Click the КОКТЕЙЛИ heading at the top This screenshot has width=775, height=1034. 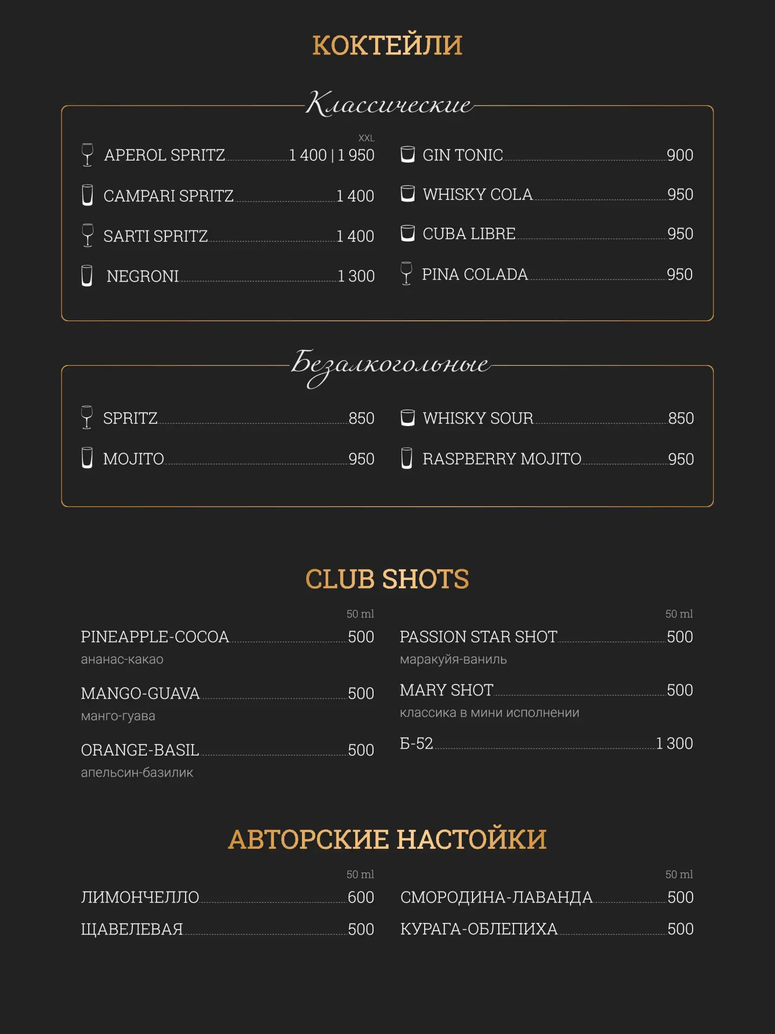(387, 45)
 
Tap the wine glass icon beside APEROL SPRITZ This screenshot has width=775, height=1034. (87, 155)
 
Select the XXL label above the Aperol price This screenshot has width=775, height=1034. (366, 138)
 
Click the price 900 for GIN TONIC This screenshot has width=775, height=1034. (680, 155)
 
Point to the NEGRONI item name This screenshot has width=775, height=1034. (143, 276)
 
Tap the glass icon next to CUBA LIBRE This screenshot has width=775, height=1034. (408, 233)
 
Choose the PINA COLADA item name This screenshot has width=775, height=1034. (475, 274)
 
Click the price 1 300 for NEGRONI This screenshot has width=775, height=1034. (356, 276)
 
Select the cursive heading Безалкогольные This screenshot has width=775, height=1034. (390, 365)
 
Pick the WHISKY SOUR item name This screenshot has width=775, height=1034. (478, 418)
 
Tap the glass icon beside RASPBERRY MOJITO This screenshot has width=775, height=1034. (407, 458)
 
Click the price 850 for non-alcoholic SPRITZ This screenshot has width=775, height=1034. (361, 418)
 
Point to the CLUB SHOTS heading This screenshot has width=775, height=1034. (387, 579)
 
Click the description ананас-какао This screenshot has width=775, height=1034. (122, 659)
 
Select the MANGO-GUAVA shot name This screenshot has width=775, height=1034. (140, 693)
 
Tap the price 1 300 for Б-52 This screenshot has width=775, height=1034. (674, 743)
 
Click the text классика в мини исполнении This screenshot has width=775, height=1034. (489, 712)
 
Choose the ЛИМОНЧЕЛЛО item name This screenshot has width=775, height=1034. (140, 897)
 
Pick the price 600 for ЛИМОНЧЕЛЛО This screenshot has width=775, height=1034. (361, 897)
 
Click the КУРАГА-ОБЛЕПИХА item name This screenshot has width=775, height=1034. (479, 929)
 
